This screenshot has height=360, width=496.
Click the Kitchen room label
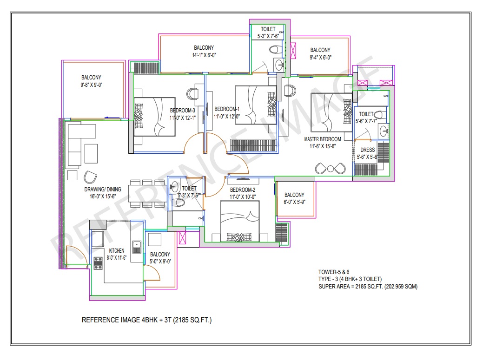pyautogui.click(x=116, y=250)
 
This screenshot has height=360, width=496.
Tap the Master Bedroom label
pyautogui.click(x=322, y=139)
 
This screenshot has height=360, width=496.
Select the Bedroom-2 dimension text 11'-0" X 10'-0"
pyautogui.click(x=243, y=196)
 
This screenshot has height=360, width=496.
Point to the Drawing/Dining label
pyautogui.click(x=102, y=190)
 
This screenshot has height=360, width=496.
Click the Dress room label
pyautogui.click(x=367, y=150)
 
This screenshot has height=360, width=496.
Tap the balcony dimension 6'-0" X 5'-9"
pyautogui.click(x=294, y=202)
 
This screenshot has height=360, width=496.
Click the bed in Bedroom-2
pyautogui.click(x=240, y=221)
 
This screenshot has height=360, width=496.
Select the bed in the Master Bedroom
pyautogui.click(x=331, y=112)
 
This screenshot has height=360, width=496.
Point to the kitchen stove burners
pyautogui.click(x=98, y=263)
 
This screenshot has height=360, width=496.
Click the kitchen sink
pyautogui.click(x=137, y=247)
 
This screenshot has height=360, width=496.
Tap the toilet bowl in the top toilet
pyautogui.click(x=276, y=50)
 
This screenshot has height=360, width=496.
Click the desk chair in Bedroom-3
pyautogui.click(x=192, y=93)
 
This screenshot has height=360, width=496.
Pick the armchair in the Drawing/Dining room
pyautogui.click(x=90, y=177)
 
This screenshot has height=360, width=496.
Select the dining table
pyautogui.click(x=147, y=193)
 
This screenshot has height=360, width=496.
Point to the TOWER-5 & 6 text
pyautogui.click(x=334, y=272)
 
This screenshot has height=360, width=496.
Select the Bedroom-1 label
pyautogui.click(x=227, y=109)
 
